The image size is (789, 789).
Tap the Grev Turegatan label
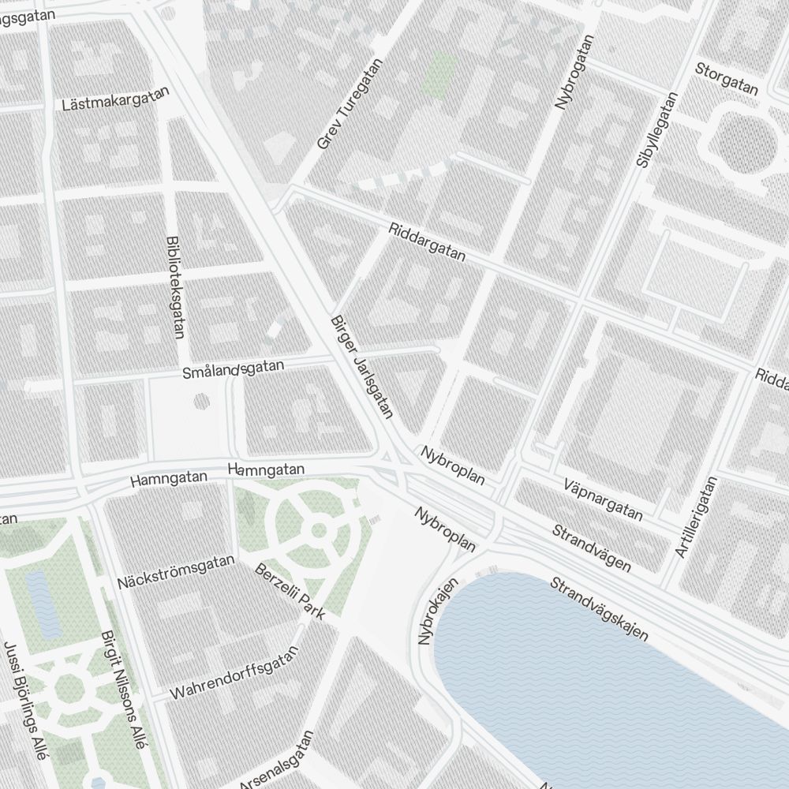(x=349, y=104)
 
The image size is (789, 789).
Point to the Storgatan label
(x=727, y=80)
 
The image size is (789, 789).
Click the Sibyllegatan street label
(x=656, y=131)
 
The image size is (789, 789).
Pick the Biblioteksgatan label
(x=174, y=287)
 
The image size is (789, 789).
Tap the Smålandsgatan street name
(x=232, y=367)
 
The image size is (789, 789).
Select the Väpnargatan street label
(x=604, y=499)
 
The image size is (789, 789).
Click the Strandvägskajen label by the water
(x=599, y=608)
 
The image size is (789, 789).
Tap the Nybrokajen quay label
(x=438, y=612)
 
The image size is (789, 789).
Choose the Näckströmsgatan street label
(x=176, y=572)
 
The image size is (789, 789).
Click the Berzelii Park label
(x=290, y=592)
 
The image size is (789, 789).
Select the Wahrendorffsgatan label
(x=234, y=673)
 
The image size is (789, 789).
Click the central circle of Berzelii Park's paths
(x=319, y=530)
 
